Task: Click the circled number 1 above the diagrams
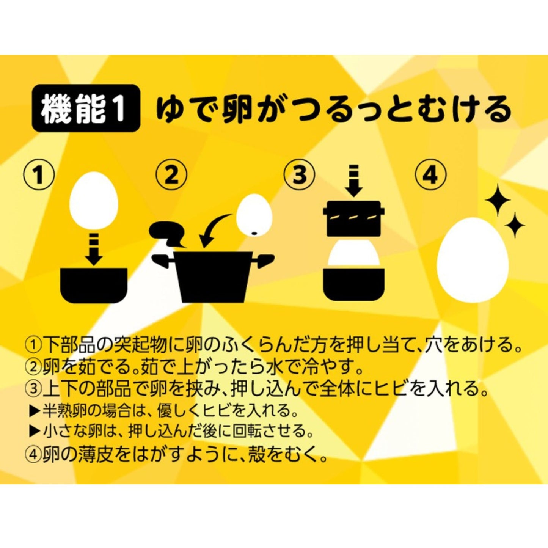click(x=38, y=175)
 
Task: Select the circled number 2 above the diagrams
click(x=172, y=175)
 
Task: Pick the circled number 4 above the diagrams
click(x=430, y=175)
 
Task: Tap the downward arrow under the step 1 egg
click(x=94, y=248)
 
